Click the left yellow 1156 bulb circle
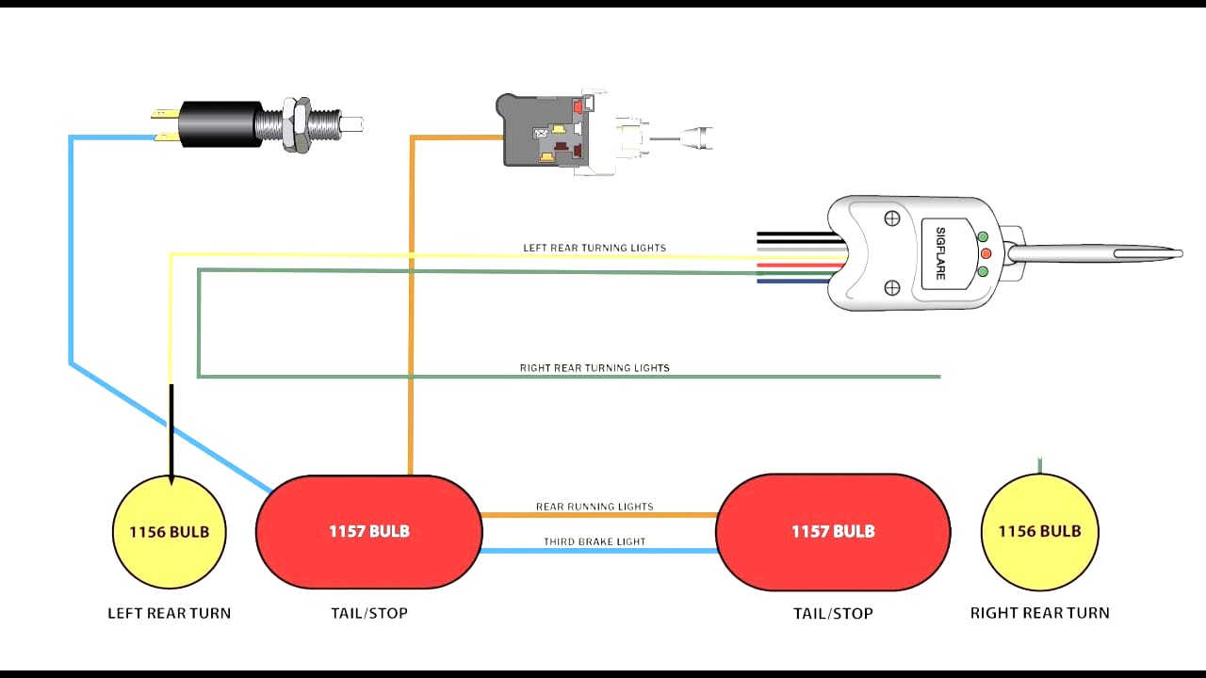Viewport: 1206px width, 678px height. pyautogui.click(x=170, y=532)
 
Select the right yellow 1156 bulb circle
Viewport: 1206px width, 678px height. pyautogui.click(x=1040, y=532)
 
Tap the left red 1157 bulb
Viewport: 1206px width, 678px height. pyautogui.click(x=368, y=532)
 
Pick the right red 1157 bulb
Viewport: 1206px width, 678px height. pyautogui.click(x=833, y=532)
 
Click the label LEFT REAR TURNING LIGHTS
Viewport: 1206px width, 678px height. pyautogui.click(x=595, y=249)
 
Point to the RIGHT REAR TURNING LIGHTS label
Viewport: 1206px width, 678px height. pyautogui.click(x=595, y=368)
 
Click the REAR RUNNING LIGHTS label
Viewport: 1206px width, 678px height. pyautogui.click(x=595, y=507)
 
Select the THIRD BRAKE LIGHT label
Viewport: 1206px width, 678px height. pyautogui.click(x=595, y=541)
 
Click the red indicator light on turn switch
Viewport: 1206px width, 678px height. pyautogui.click(x=986, y=254)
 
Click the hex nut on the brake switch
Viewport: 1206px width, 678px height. pyautogui.click(x=300, y=123)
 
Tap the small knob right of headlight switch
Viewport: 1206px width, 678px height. pyautogui.click(x=698, y=137)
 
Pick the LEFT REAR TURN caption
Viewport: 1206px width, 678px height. pyautogui.click(x=170, y=613)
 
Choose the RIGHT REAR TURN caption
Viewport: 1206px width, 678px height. pyautogui.click(x=1040, y=613)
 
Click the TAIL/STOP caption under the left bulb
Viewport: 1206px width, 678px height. pyautogui.click(x=368, y=613)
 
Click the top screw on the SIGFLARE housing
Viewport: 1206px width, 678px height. pyautogui.click(x=891, y=218)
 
